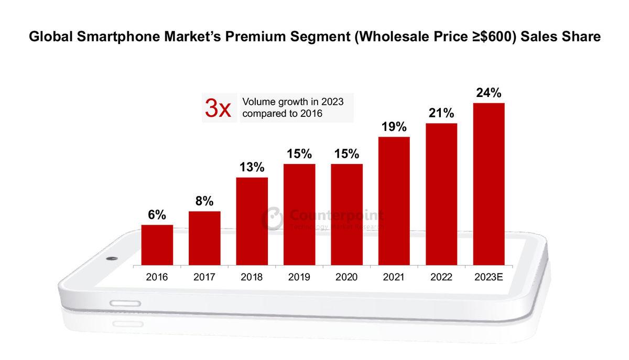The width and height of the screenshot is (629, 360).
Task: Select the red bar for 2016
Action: (157, 245)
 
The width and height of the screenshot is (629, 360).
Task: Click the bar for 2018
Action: (252, 221)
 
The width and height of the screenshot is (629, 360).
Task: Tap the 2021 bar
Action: (394, 201)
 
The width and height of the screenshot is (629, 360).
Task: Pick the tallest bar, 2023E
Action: (489, 183)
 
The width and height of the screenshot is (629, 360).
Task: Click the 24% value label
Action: (489, 93)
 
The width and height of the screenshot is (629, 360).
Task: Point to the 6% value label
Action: (157, 215)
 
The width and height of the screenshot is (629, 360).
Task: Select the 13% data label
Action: (252, 168)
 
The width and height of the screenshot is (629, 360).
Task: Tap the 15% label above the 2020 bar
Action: (346, 154)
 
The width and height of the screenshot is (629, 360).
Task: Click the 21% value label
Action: (441, 113)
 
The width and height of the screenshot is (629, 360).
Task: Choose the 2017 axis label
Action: (204, 277)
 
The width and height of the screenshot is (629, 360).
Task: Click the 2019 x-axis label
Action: (299, 277)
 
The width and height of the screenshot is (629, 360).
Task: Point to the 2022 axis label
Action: (441, 277)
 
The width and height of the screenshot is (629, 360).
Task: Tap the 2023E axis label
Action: (489, 277)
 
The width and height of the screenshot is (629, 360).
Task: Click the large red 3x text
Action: (217, 108)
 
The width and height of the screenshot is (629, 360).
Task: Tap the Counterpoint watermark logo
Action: (273, 218)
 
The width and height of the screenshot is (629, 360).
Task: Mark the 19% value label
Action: (394, 127)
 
